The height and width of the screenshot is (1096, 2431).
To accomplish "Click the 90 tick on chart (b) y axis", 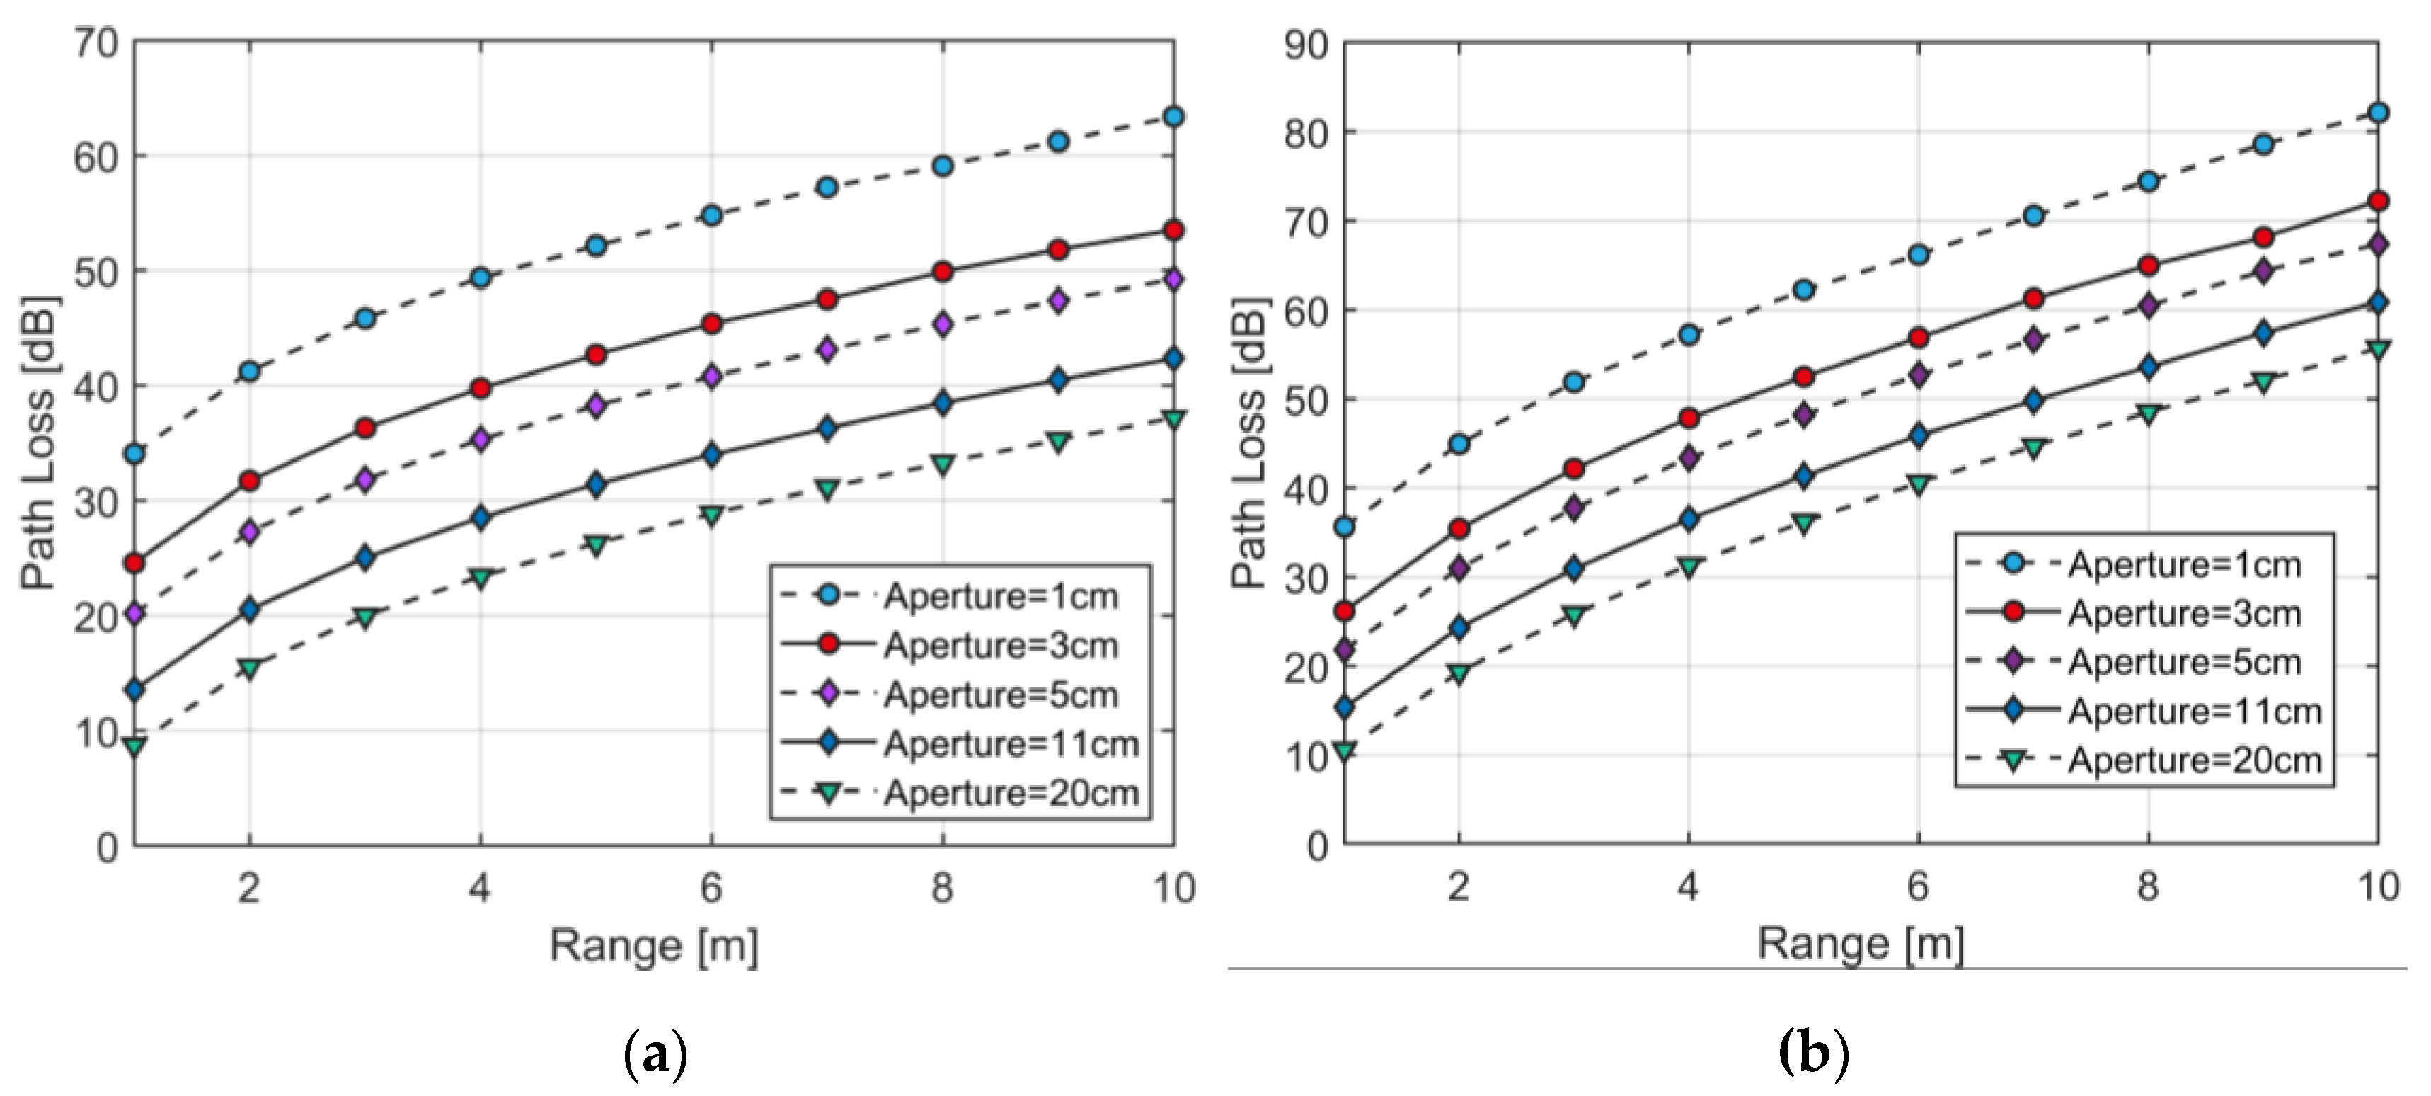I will click(1305, 45).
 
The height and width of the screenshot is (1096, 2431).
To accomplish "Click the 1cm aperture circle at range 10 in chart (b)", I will click(2378, 113).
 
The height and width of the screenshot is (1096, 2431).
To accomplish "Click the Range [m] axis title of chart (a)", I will click(654, 946).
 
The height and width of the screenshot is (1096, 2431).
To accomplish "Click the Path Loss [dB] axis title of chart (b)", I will click(1251, 444).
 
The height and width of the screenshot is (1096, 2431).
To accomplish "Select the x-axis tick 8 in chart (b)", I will click(2148, 886).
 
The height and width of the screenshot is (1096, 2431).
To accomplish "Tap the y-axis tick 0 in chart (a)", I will click(107, 847).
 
